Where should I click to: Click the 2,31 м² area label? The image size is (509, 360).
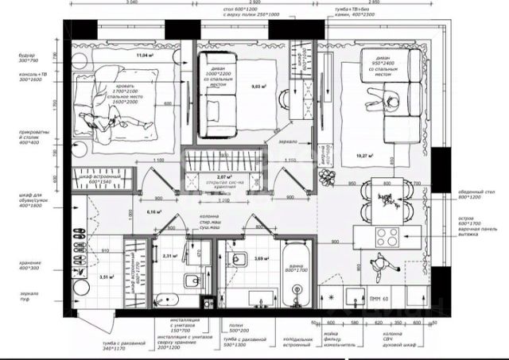click(x=169, y=256)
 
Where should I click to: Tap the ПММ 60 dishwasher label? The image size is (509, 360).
click(x=391, y=299)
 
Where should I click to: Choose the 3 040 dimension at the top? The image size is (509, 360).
click(x=141, y=3)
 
